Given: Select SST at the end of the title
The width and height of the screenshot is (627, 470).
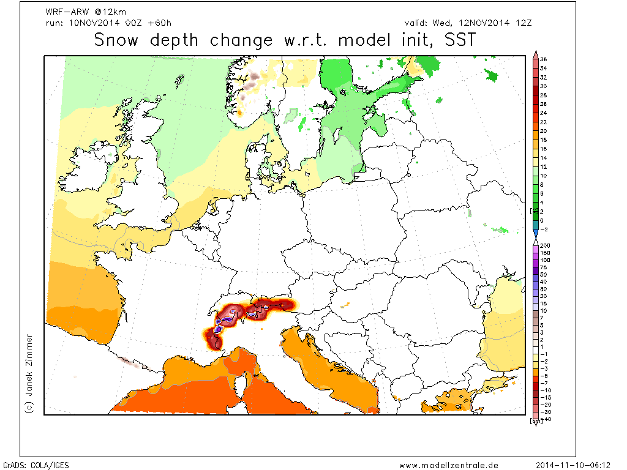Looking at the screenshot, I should click(454, 40).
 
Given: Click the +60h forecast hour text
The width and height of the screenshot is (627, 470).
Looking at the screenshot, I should click(160, 23).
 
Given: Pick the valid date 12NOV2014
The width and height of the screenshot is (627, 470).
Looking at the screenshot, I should click(481, 23).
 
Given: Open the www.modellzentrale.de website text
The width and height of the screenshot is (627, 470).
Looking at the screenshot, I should click(448, 465).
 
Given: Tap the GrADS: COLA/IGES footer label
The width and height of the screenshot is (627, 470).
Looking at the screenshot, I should click(36, 465).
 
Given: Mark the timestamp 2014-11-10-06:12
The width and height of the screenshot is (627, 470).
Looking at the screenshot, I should click(579, 465).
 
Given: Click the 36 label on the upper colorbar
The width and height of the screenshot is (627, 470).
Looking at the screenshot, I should click(544, 59).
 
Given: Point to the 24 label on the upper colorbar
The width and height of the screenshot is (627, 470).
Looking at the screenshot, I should click(544, 113).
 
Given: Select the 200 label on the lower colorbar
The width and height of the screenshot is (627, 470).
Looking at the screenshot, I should click(545, 245).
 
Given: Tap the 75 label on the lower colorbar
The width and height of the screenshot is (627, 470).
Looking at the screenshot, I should click(544, 267).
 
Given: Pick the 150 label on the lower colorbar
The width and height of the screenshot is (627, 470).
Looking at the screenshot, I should click(545, 252).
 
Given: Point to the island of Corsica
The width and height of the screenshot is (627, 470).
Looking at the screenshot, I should click(242, 384).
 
